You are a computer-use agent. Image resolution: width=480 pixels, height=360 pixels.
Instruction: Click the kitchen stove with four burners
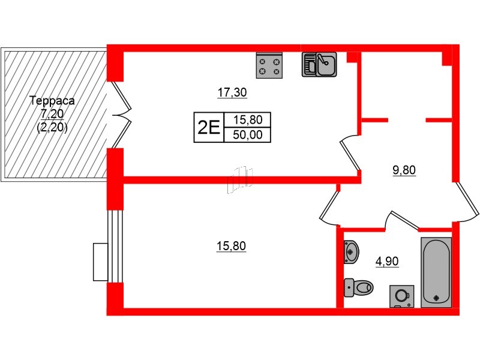click(269, 65)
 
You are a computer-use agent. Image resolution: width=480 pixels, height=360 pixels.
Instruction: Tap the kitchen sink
click(319, 64)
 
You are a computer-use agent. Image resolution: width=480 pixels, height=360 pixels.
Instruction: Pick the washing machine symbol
click(401, 296)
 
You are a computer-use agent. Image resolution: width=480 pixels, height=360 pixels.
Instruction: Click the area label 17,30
click(232, 93)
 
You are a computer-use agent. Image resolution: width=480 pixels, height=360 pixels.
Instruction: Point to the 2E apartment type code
click(208, 127)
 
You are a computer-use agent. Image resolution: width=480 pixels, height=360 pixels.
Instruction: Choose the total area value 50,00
click(247, 135)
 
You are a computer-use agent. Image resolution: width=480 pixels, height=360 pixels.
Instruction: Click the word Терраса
click(51, 101)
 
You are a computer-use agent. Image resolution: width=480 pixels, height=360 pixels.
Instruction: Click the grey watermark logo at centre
click(239, 179)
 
